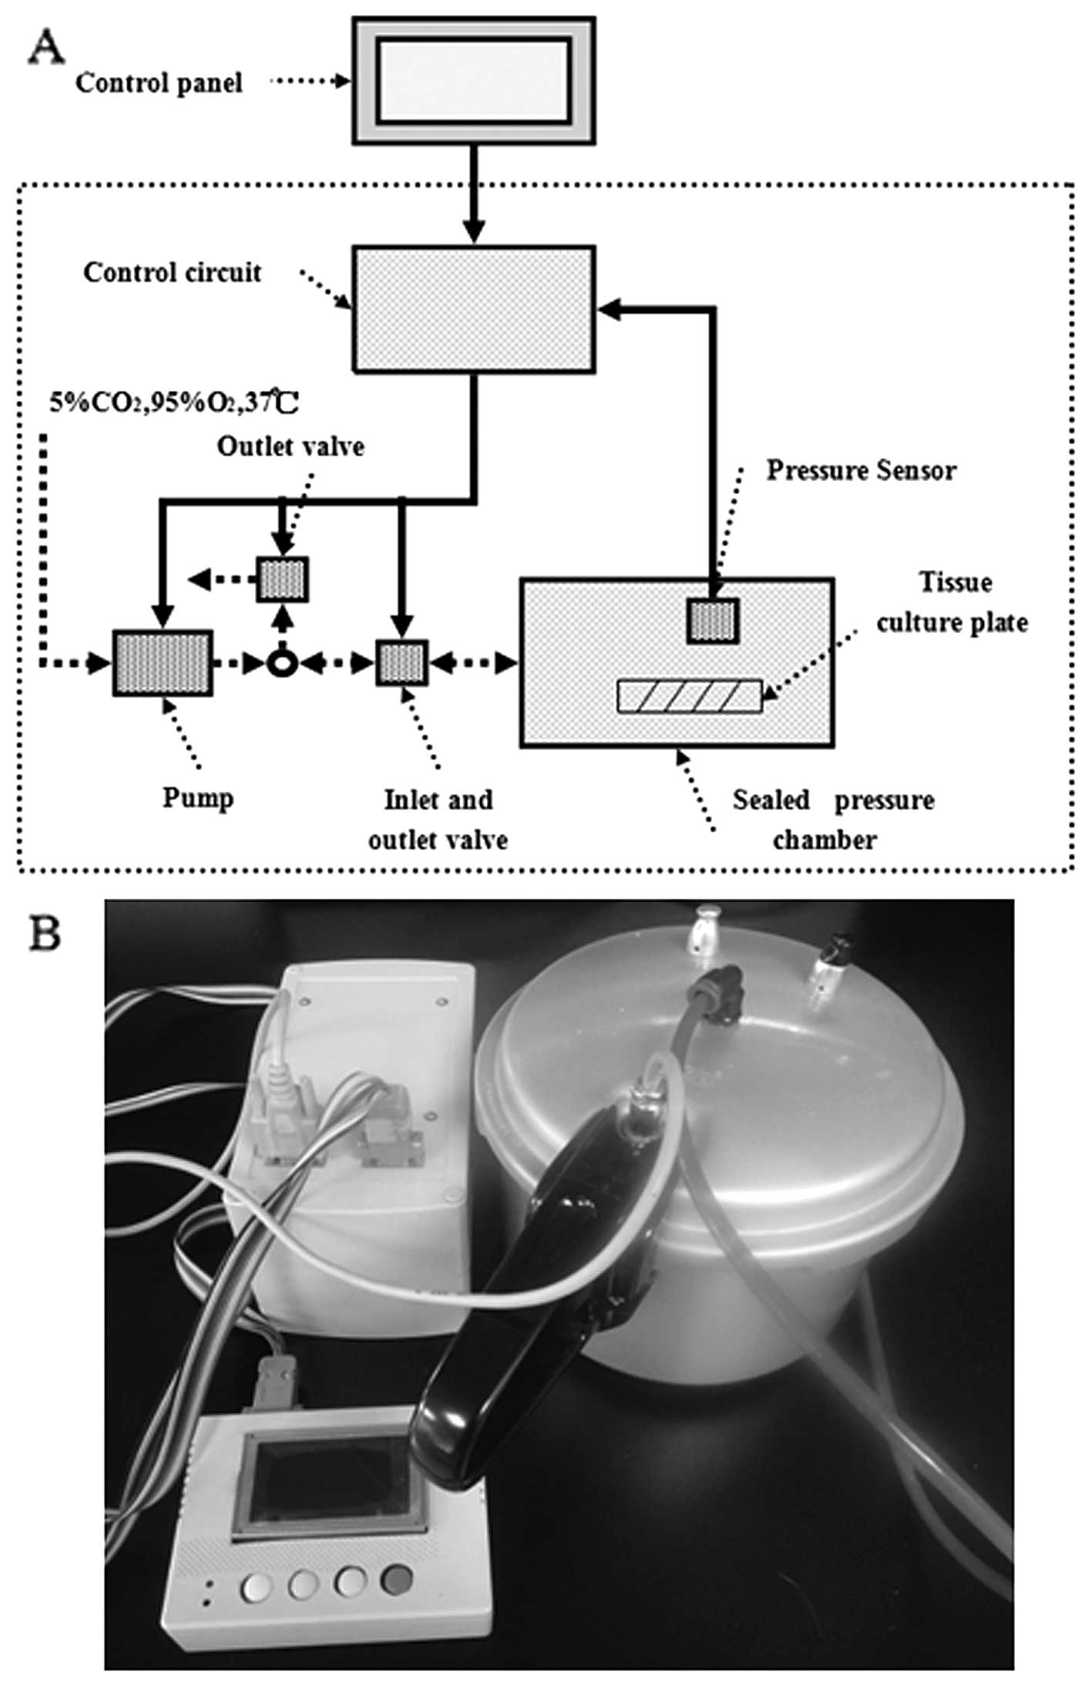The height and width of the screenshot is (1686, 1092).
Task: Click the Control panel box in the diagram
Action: (x=473, y=80)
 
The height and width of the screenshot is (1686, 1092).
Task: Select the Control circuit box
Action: (x=473, y=309)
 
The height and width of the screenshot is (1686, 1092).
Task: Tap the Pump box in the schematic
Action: (x=163, y=663)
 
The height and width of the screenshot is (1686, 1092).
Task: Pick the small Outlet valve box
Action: (x=283, y=579)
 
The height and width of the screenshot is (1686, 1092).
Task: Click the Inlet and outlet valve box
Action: (x=402, y=662)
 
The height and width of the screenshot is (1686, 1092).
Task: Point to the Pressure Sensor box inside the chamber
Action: (x=714, y=621)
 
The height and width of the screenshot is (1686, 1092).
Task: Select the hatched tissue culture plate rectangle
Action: (x=690, y=696)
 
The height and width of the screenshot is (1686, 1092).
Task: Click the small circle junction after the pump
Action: (x=283, y=663)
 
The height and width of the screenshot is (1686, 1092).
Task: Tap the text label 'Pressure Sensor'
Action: (x=861, y=471)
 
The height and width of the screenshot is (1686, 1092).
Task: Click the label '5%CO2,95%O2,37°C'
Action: (x=174, y=402)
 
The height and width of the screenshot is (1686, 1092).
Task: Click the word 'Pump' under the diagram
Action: (x=198, y=798)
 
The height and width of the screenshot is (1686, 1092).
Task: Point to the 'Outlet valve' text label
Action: (x=291, y=446)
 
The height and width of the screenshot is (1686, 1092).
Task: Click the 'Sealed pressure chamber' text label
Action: (x=832, y=819)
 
